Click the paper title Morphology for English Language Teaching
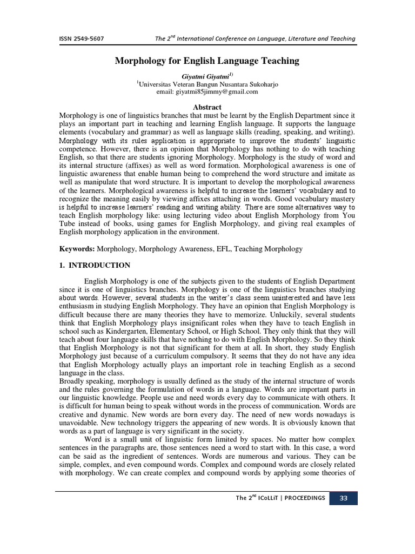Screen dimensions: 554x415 pyautogui.click(x=207, y=61)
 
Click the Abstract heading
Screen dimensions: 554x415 pyautogui.click(x=207, y=107)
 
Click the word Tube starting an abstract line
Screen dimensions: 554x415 pyautogui.click(x=67, y=224)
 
